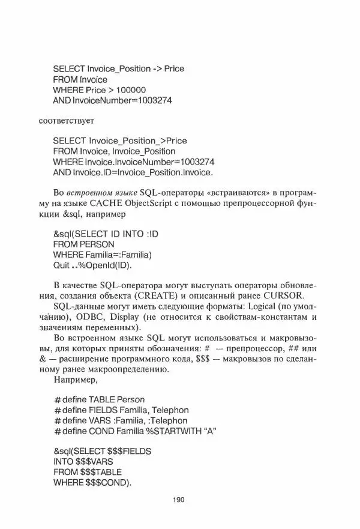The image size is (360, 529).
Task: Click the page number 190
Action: (180, 500)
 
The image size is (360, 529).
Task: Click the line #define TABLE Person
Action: (100, 399)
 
